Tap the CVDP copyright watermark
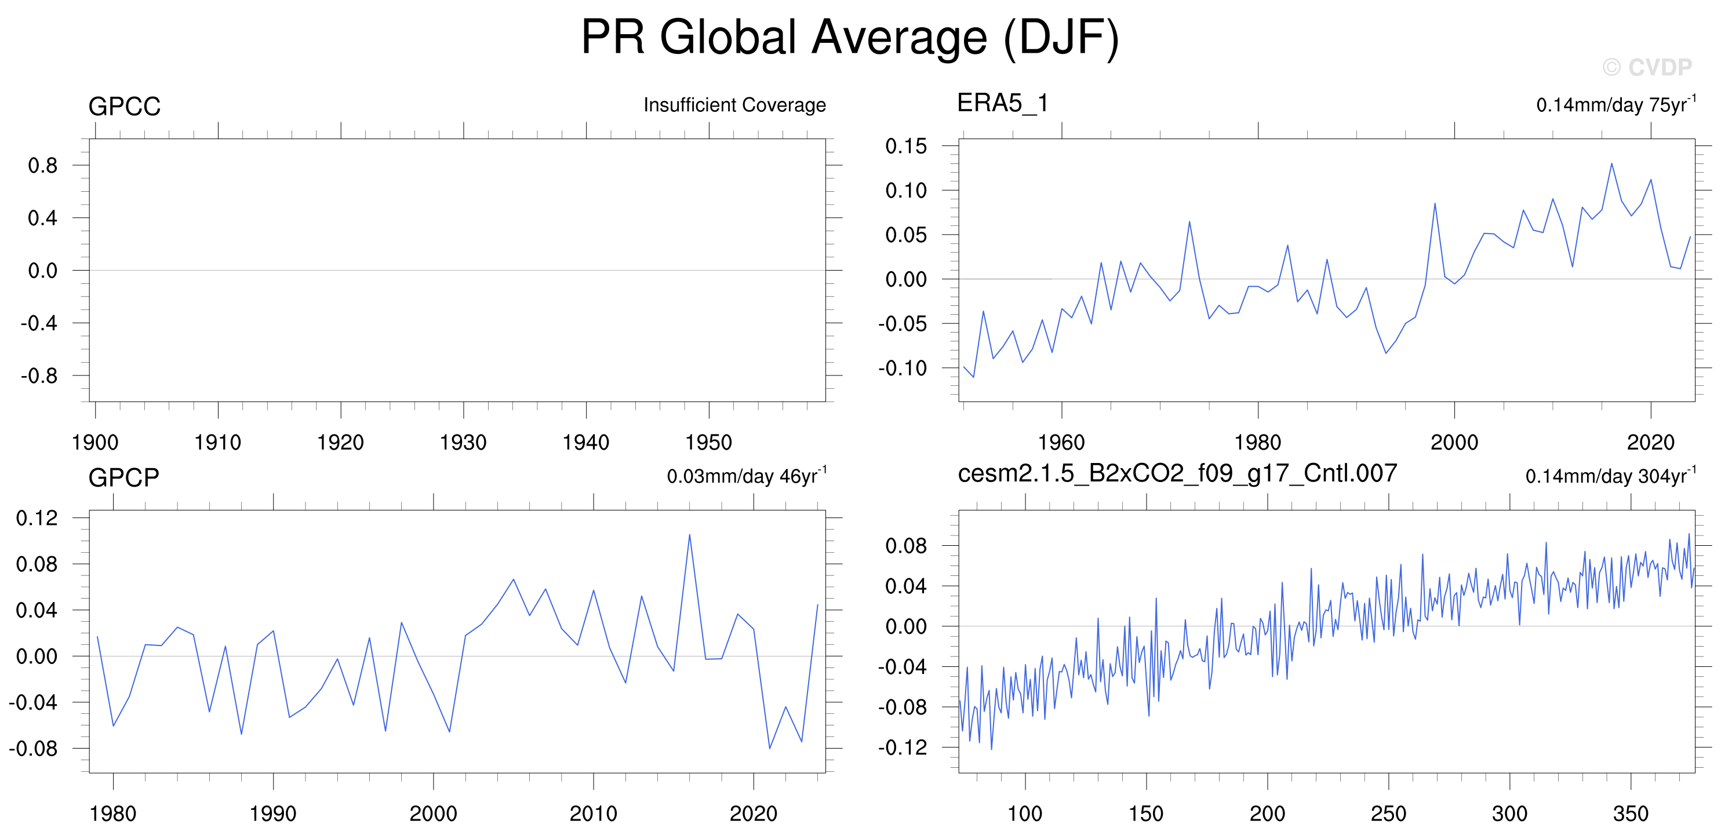pos(1647,67)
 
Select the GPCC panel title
pos(124,106)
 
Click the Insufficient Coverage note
pos(734,105)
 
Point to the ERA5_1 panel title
pos(1002,103)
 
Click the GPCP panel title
pos(123,477)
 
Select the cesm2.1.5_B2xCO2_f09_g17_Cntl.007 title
pos(1177,473)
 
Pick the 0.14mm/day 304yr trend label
pos(1611,476)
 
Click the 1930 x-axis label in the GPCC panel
pos(463,442)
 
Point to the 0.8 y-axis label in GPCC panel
pos(43,165)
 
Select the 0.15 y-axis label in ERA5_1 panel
pos(906,145)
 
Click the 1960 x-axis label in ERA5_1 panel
pos(1061,442)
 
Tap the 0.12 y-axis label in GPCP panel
pos(37,517)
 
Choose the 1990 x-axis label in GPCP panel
pos(272,814)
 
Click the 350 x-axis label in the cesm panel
pos(1630,814)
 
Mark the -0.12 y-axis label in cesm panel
pos(903,747)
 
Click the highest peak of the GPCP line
pos(689,534)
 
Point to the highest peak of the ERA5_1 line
pos(1611,163)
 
